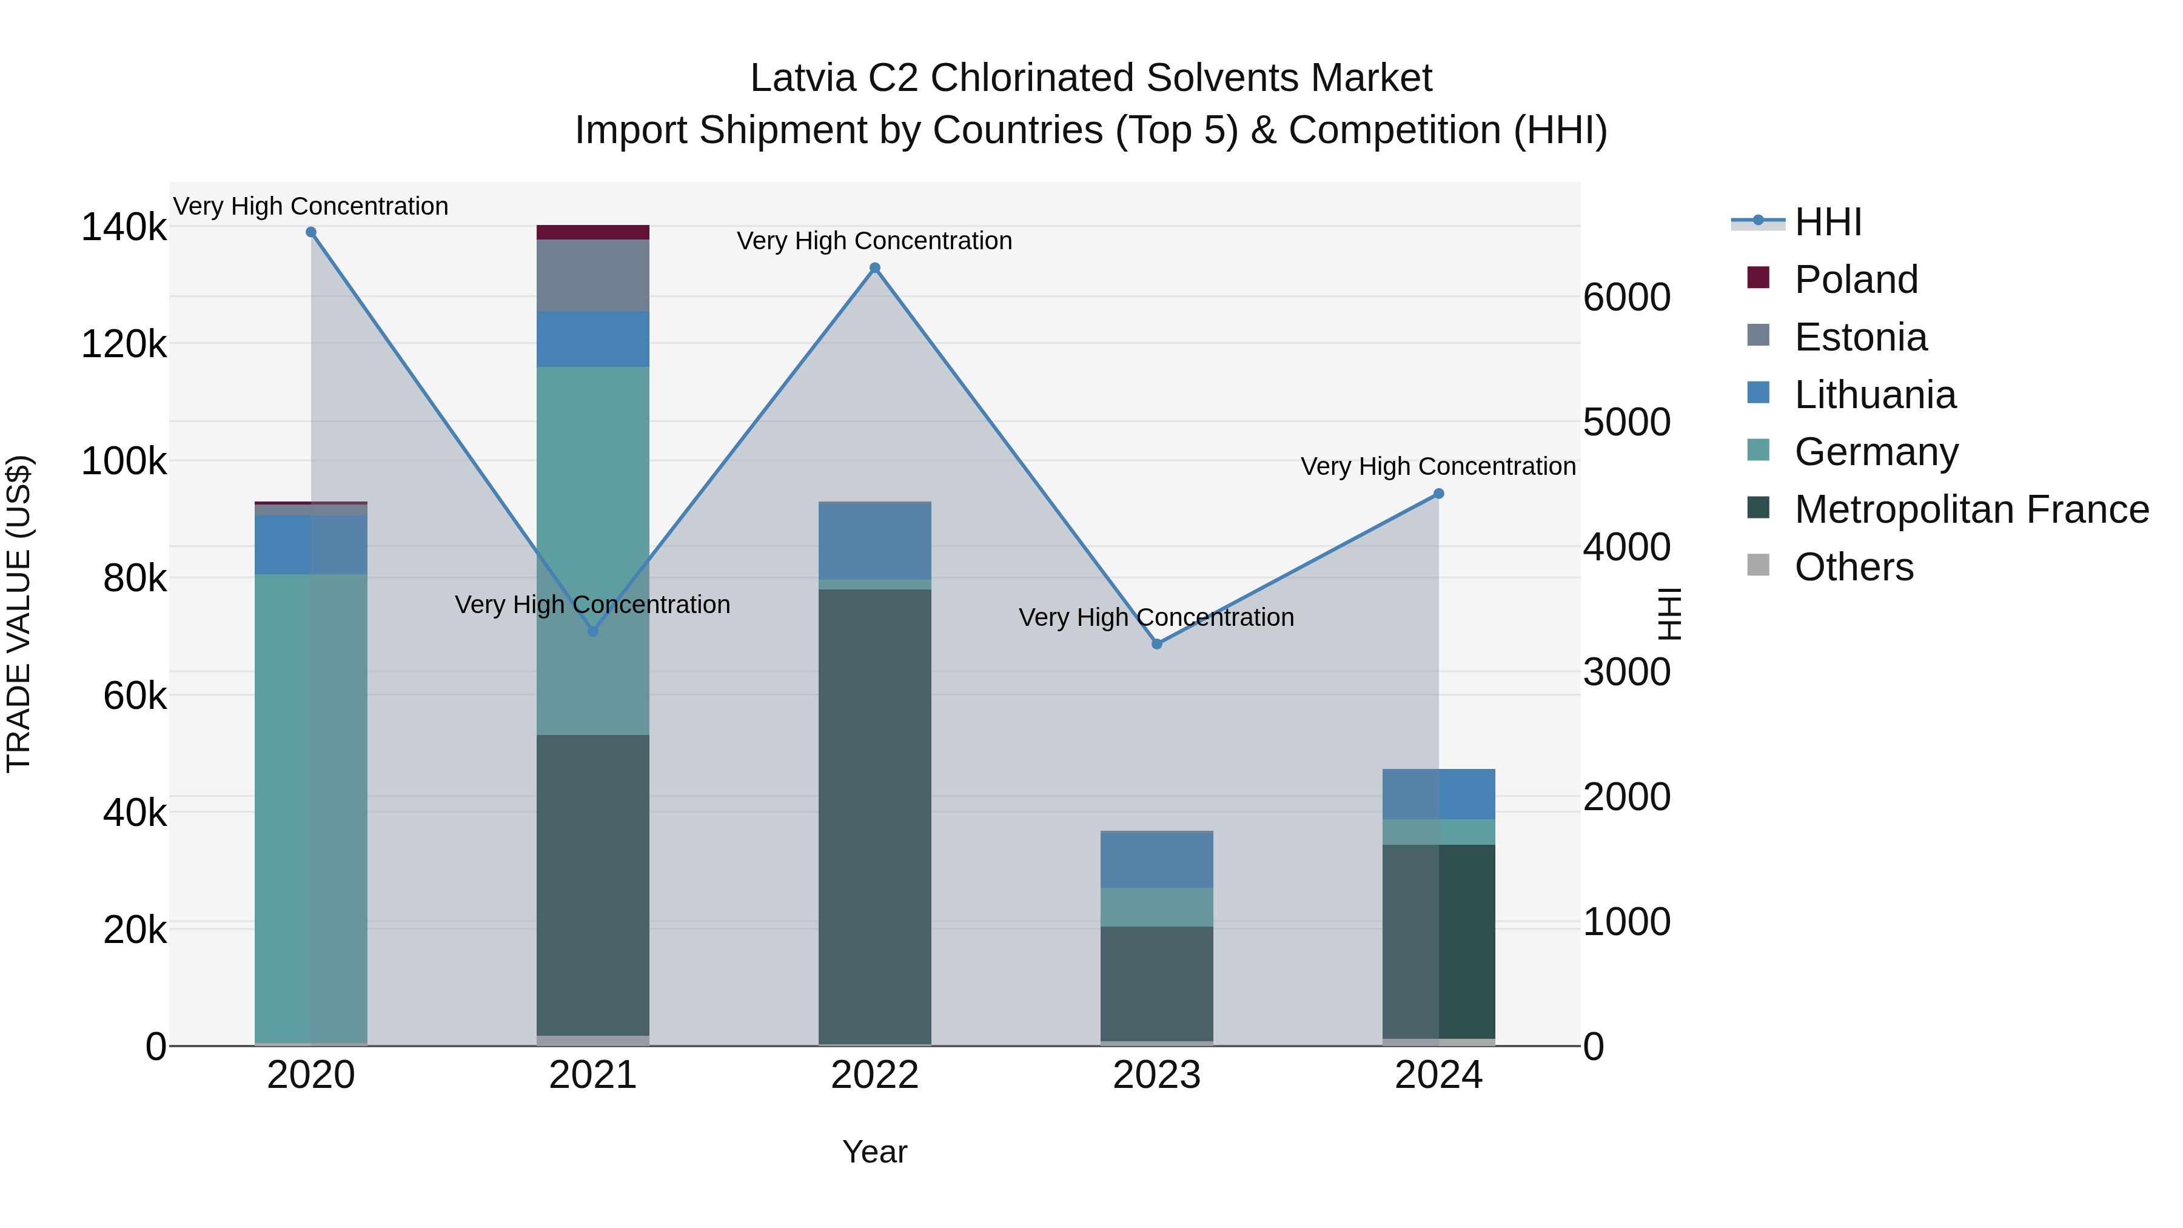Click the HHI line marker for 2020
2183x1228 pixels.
[311, 232]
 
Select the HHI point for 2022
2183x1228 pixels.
[874, 268]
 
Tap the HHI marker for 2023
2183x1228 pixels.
[1157, 644]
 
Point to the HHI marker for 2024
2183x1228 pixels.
[1438, 494]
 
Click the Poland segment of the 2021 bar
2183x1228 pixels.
[592, 232]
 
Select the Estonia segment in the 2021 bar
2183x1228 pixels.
[592, 275]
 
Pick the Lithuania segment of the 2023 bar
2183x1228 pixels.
[1157, 860]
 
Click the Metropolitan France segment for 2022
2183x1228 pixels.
[874, 814]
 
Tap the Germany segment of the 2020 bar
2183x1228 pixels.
[311, 805]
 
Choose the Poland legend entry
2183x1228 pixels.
[1856, 280]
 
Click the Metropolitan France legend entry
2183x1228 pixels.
[1971, 509]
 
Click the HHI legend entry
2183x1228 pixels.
[1828, 222]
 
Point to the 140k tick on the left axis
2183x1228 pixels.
[124, 227]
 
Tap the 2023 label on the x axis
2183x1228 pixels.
[1157, 1075]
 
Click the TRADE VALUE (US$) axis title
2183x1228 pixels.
[19, 614]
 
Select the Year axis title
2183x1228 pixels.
[874, 1152]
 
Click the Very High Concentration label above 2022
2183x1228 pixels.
[874, 241]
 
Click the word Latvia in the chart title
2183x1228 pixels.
[802, 78]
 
